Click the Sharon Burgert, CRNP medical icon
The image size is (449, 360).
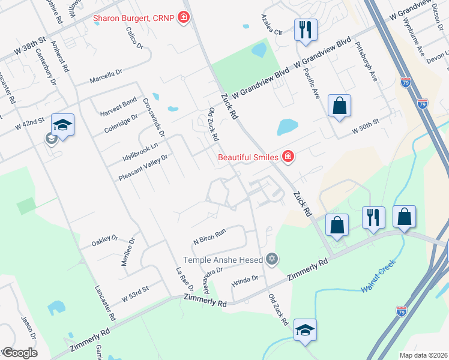[184, 18]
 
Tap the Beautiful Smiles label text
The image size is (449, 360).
[248, 157]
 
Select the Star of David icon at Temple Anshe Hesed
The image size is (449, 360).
[272, 259]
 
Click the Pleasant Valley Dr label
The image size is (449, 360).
[143, 167]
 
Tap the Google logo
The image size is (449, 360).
[19, 352]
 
